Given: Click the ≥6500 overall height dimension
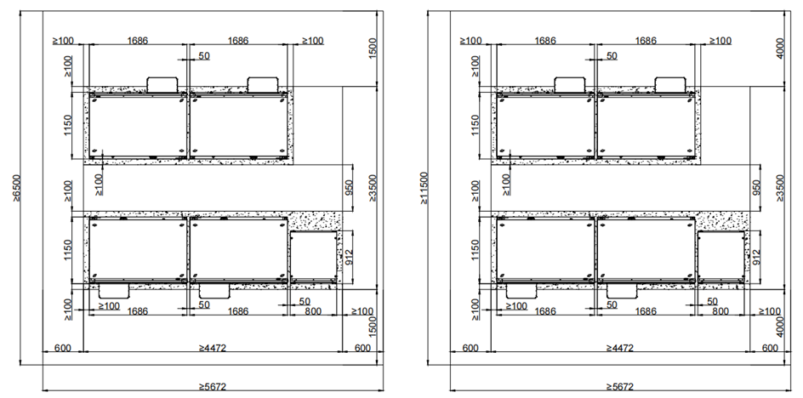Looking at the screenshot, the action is pos(16,188).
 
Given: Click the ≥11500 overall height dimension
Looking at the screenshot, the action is pos(424,188).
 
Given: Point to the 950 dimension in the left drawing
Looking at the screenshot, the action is pos(349,188).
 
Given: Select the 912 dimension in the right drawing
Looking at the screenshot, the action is pos(756,257).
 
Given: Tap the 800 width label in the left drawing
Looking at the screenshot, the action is pos(313,311).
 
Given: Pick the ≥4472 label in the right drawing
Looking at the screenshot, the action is pos(619,349).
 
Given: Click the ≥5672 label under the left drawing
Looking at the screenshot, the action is pos(212,387).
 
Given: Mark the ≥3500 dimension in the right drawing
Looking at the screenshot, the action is pos(780,188).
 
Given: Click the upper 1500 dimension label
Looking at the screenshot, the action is pos(373,48).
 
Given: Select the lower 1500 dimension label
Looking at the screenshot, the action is pos(373,327).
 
